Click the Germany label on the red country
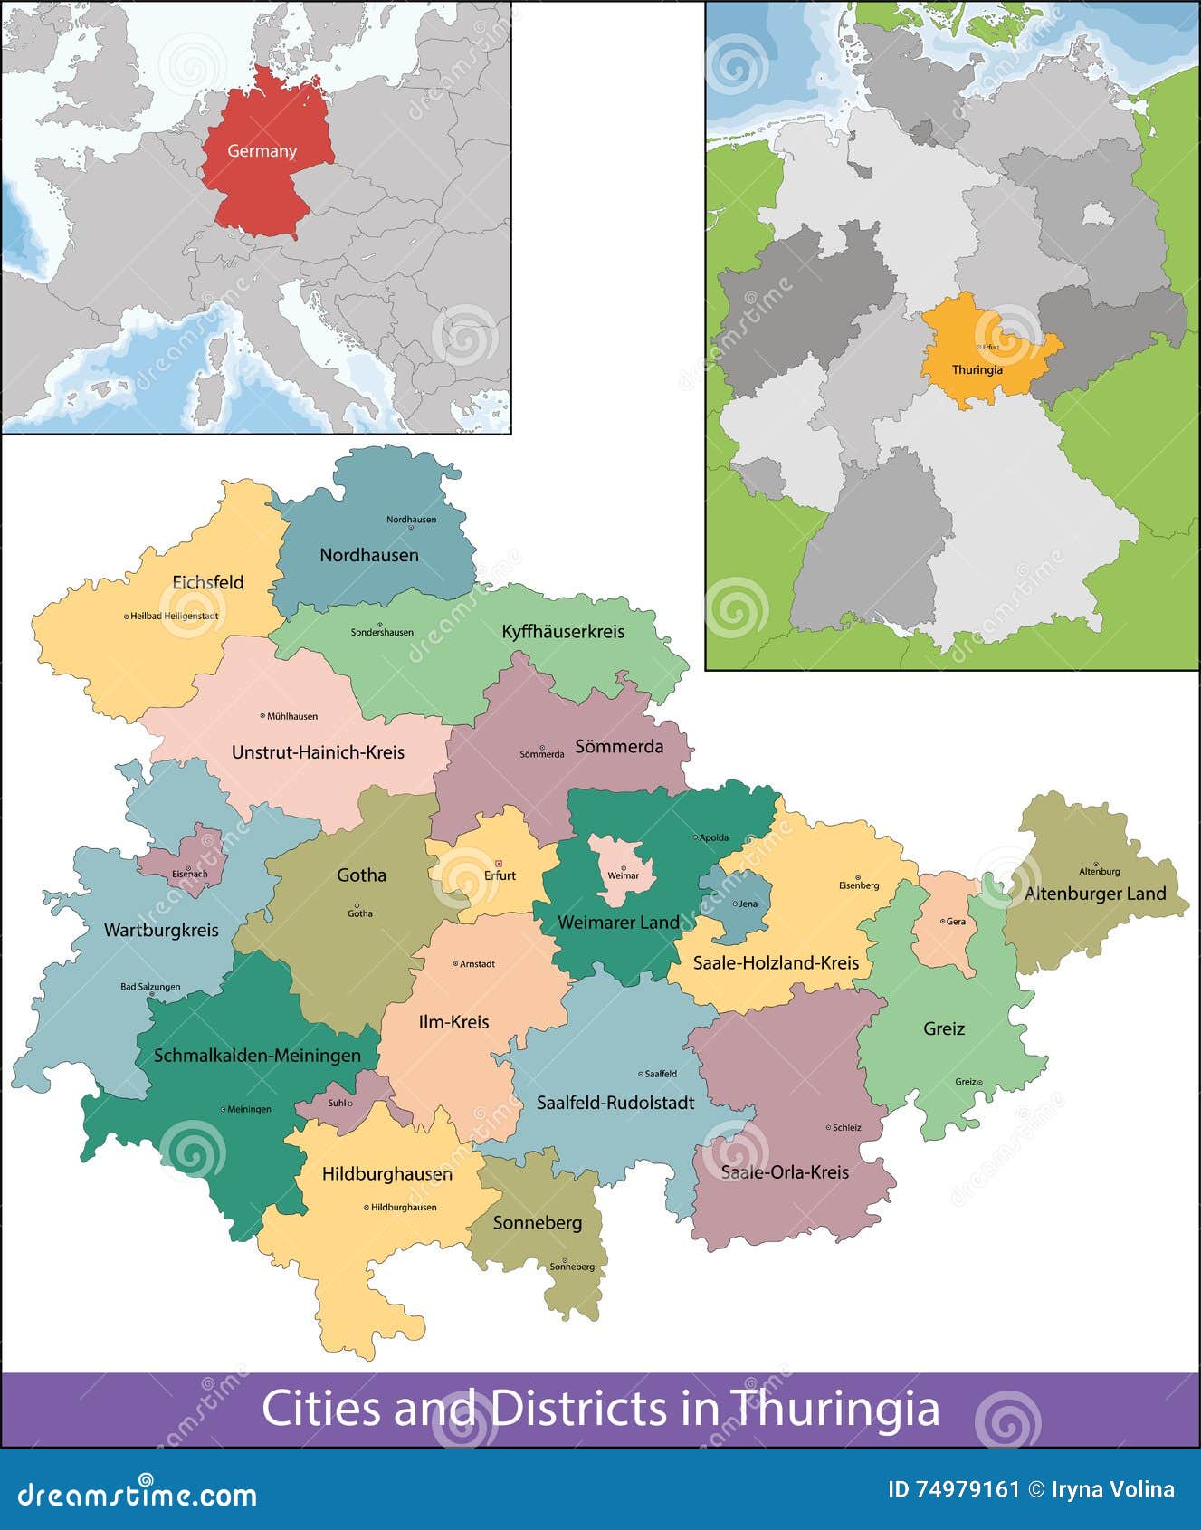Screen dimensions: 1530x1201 (262, 151)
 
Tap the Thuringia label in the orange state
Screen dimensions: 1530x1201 (977, 370)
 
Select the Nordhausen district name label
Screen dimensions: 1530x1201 (369, 555)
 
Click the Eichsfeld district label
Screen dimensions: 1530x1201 (208, 582)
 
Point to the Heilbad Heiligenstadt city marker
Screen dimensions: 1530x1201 (126, 616)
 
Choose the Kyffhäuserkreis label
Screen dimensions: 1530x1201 (563, 631)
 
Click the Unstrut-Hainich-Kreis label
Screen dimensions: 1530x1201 (318, 752)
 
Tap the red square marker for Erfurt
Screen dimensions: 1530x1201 (498, 863)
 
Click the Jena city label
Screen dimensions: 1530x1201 (748, 904)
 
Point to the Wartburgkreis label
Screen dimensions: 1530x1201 (161, 930)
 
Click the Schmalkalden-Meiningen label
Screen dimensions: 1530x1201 (257, 1055)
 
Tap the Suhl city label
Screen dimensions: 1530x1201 (337, 1103)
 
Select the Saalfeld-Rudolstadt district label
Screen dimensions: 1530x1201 (615, 1103)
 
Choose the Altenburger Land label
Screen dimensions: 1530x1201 (1095, 894)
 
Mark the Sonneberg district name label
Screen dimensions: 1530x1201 (538, 1222)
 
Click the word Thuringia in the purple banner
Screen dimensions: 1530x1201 (835, 1409)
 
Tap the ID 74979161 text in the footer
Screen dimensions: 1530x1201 (954, 1489)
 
